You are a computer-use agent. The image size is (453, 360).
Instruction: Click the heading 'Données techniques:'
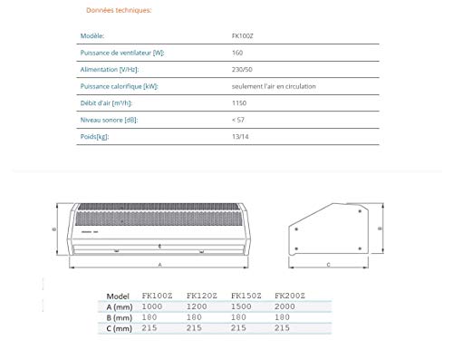click(120, 11)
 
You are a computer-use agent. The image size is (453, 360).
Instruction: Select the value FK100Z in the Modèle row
click(241, 37)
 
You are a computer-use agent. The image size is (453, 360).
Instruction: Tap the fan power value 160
click(236, 54)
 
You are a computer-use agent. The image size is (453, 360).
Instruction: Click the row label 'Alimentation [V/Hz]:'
click(110, 70)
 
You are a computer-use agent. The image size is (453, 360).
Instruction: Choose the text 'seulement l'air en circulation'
click(270, 86)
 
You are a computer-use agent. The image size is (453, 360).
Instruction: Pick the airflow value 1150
click(238, 103)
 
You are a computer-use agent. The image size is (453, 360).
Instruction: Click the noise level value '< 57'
click(238, 120)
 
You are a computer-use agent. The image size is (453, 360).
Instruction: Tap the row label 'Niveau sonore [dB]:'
click(110, 120)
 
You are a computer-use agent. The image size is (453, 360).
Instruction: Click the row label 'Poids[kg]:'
click(98, 137)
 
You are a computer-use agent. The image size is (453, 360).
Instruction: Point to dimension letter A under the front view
click(160, 264)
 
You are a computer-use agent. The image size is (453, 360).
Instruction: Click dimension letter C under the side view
click(327, 264)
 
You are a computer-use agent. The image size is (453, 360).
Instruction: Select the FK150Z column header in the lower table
click(246, 295)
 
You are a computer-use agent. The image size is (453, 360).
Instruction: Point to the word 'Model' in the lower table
click(118, 295)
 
